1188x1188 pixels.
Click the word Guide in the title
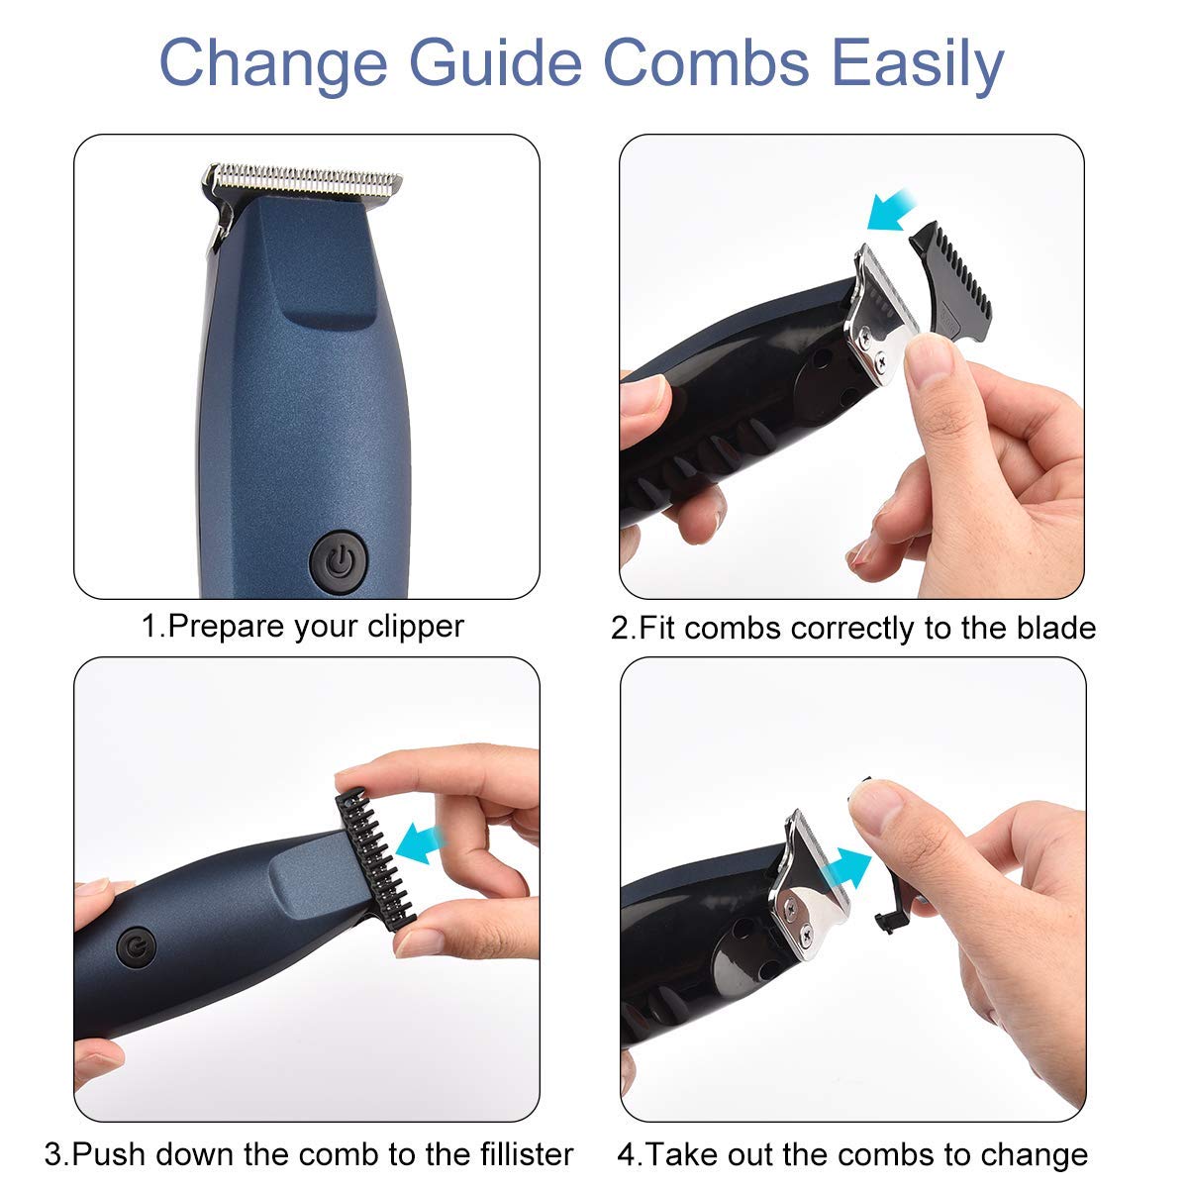(496, 62)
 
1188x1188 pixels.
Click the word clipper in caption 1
(416, 627)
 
